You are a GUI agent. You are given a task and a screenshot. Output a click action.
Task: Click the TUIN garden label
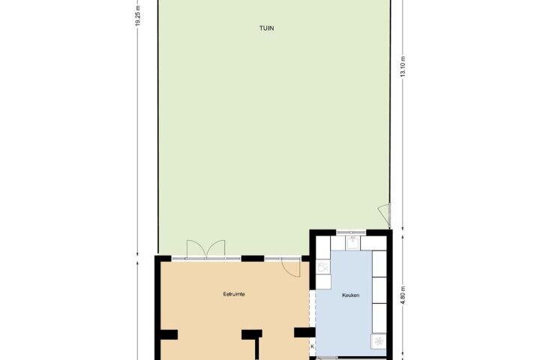(266, 28)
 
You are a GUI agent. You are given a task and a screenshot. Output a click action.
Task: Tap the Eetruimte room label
(234, 294)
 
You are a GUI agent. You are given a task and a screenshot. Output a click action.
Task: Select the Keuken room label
(351, 295)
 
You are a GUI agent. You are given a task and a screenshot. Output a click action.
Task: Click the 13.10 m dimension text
(403, 67)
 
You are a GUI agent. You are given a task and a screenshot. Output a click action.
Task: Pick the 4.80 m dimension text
(403, 295)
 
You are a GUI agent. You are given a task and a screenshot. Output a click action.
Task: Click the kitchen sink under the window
(353, 242)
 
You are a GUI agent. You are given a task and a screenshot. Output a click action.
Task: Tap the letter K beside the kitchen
(312, 346)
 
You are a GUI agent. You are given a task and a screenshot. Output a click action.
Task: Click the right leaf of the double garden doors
(215, 249)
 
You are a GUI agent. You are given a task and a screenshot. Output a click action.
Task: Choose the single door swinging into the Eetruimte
(291, 268)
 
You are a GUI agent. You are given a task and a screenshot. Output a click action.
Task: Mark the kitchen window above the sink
(351, 233)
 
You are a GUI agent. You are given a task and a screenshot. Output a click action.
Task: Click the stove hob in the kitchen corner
(379, 341)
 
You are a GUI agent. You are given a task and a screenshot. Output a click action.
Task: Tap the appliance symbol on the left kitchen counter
(323, 267)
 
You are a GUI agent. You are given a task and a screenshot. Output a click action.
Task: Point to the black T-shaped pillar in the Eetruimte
(253, 343)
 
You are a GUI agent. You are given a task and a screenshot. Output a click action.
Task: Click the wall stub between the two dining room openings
(253, 258)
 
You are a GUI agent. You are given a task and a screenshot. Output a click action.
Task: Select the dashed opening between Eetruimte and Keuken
(312, 309)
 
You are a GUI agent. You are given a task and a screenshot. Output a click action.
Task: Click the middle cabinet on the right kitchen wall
(379, 290)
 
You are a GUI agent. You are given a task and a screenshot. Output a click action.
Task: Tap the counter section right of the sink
(373, 243)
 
